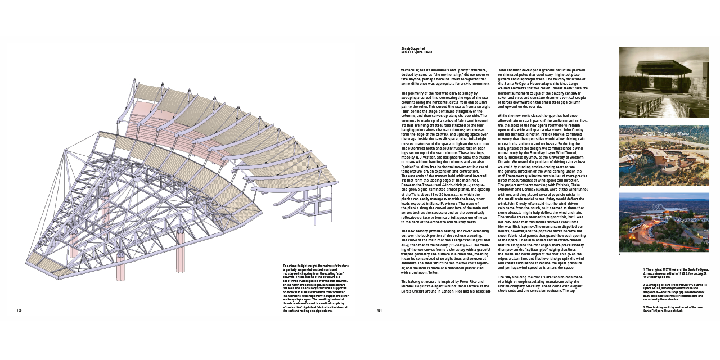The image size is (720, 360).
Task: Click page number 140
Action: (19, 310)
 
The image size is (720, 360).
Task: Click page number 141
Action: (380, 310)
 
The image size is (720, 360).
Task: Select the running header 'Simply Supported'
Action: (413, 48)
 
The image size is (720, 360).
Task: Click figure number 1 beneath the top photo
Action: (620, 119)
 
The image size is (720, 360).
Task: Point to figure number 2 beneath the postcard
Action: (620, 187)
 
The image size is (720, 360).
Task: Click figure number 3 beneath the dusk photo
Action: (620, 254)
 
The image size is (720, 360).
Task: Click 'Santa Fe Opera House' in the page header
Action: (417, 52)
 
